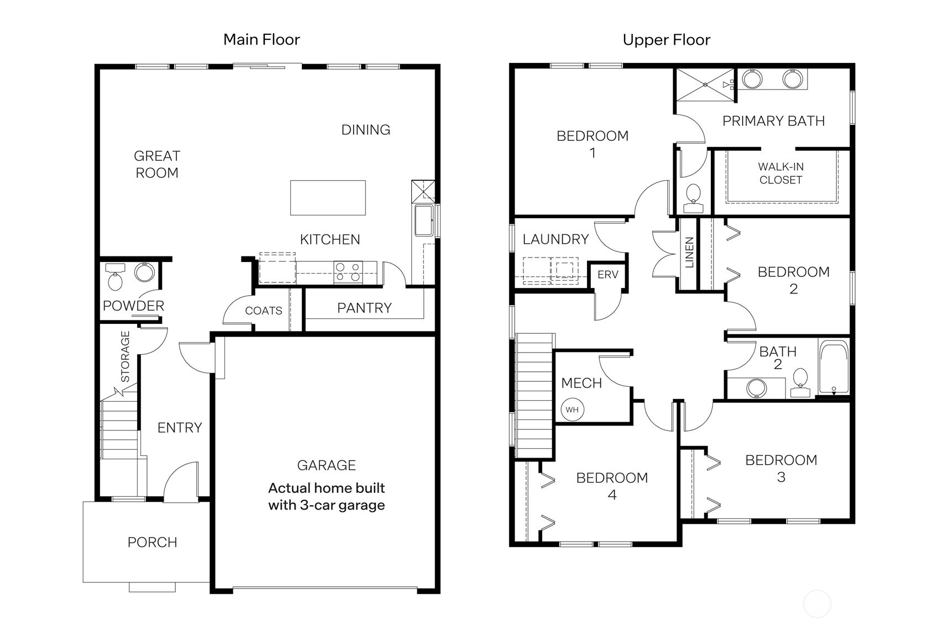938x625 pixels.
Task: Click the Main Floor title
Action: pos(261,39)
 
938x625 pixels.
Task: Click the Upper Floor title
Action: pos(666,40)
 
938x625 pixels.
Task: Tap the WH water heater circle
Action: pos(572,409)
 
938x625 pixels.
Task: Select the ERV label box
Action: pos(607,275)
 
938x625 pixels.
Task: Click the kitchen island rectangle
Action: pos(328,197)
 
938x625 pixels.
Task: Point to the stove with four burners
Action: pos(348,272)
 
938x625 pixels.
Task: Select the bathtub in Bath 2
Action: pos(834,367)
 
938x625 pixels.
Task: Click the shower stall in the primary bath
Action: pos(705,85)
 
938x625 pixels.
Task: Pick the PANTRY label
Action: pos(364,308)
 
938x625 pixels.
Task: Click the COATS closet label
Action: pos(264,311)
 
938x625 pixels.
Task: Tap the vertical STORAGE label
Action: pos(125,356)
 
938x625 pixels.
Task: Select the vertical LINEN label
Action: pos(689,253)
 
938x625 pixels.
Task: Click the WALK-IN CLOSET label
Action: pos(780,173)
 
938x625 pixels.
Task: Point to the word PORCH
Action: pos(152,542)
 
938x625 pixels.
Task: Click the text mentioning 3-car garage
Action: pos(326,497)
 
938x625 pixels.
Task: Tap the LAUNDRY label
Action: pos(556,239)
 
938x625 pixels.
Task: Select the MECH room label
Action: pos(581,383)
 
